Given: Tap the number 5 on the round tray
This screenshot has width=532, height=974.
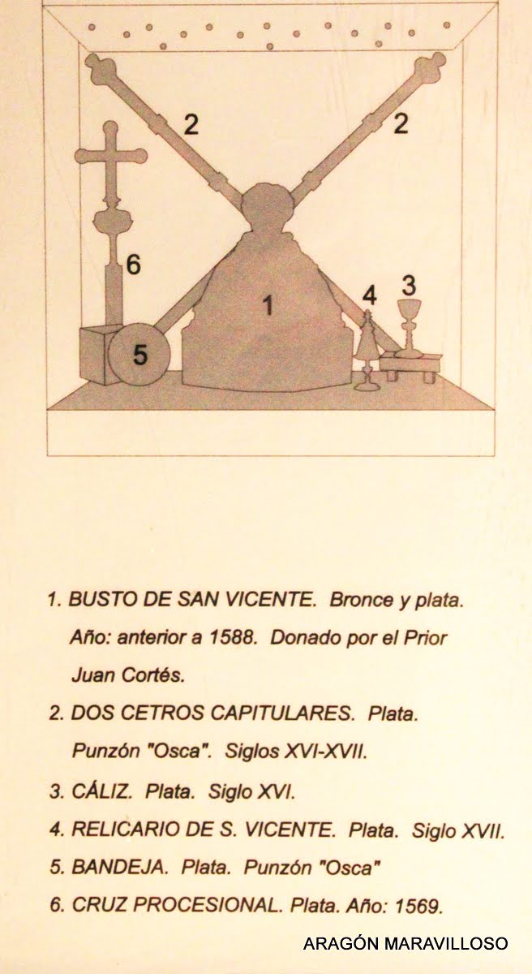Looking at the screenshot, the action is coord(139,355).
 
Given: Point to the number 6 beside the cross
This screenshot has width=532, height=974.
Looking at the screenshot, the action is coord(133,264).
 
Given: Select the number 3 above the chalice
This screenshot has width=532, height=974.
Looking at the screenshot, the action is coord(409,285).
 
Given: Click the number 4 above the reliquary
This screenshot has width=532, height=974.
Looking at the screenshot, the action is coord(369,295).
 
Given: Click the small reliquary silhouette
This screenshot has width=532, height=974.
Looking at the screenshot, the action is coord(368,350).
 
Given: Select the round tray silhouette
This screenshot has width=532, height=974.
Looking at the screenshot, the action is coord(139,354).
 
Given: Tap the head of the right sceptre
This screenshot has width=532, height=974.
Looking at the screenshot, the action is coord(430,67).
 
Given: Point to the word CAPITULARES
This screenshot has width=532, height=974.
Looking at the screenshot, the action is coord(282,713).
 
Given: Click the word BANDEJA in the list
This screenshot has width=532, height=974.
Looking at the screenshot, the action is coord(119,867).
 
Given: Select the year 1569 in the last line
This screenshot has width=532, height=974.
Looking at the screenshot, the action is coord(418,905).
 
